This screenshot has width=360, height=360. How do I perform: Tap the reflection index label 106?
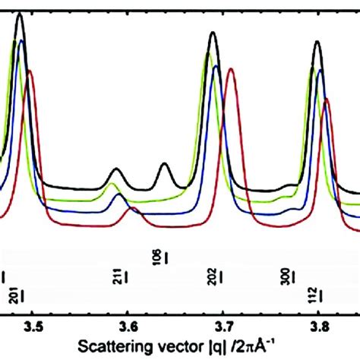point(157,257)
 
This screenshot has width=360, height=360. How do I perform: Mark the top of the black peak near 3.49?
point(20,14)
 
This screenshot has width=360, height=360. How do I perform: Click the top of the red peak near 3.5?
point(30,71)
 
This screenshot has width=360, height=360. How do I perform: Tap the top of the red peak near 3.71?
point(231,70)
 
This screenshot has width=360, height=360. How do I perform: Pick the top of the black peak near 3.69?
point(213,33)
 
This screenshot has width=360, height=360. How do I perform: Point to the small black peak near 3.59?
point(116,169)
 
